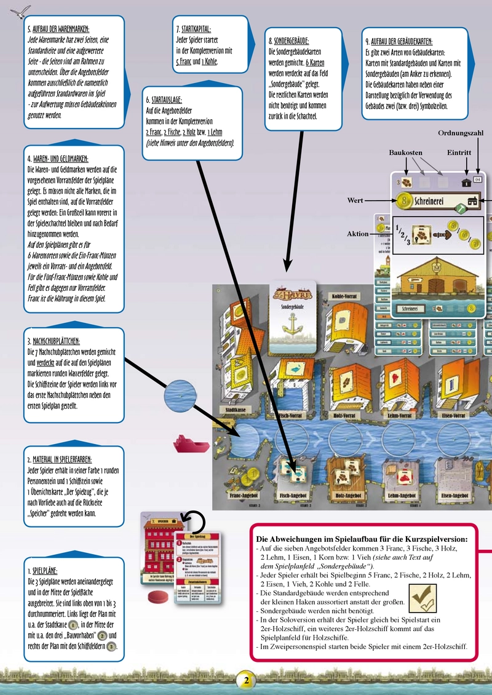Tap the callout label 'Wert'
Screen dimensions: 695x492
pos(355,201)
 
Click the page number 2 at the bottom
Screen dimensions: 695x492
pos(245,681)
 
